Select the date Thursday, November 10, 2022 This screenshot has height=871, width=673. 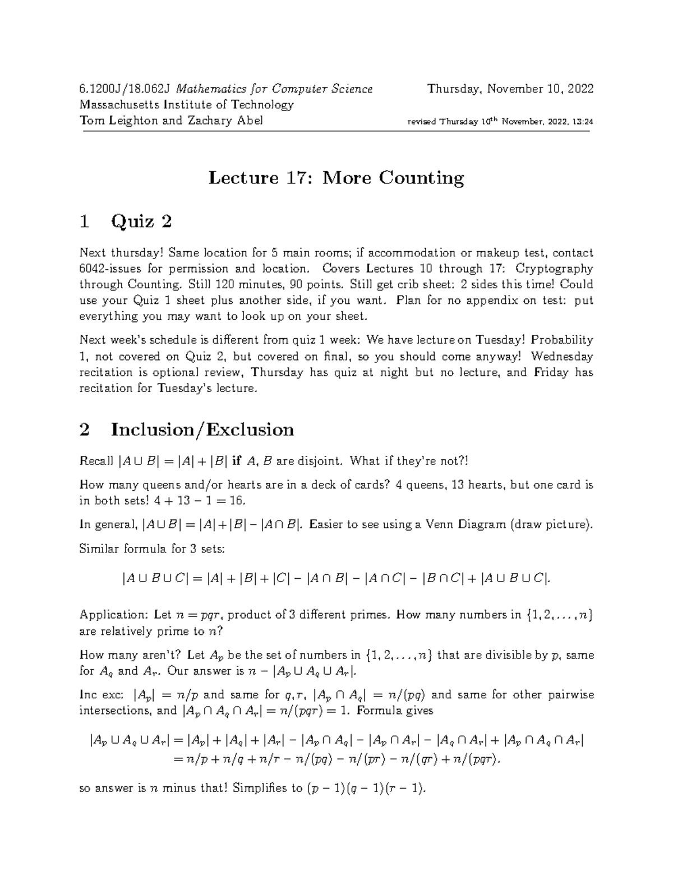click(x=510, y=89)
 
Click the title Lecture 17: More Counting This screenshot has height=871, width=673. click(x=336, y=178)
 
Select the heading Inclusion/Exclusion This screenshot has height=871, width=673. click(x=202, y=430)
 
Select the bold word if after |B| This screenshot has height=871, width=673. click(x=236, y=461)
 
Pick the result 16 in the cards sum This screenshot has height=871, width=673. click(x=237, y=500)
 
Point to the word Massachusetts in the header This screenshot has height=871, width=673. click(x=119, y=105)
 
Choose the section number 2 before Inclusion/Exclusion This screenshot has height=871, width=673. click(x=85, y=430)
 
